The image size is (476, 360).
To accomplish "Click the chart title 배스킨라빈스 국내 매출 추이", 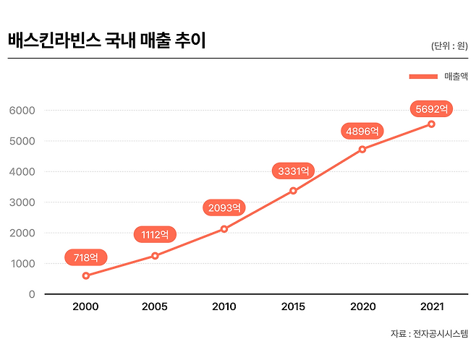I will point(107,40).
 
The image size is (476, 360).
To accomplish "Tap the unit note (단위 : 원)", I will point(449,46).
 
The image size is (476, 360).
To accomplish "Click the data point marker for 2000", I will point(86,275).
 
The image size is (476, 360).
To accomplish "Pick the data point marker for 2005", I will point(155,255).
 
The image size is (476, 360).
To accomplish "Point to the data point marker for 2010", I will point(224,229).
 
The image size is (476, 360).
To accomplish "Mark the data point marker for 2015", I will point(293,191).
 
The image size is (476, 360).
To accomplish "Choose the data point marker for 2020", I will point(362,149).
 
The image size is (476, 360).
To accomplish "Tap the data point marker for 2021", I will point(431,124).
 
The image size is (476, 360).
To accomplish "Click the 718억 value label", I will point(86,257).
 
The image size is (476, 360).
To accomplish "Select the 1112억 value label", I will point(155,234).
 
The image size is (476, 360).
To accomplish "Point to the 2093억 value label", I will point(224,207).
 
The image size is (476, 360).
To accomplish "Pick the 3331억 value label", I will point(293,171).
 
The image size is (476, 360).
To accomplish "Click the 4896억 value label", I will point(362,131).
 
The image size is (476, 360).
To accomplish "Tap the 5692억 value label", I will point(431,109).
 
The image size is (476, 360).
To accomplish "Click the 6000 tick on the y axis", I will point(22,111).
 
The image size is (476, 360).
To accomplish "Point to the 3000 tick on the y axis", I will point(22,202).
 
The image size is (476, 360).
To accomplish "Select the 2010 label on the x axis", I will point(224,307).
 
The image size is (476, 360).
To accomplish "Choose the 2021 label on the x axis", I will point(431,307).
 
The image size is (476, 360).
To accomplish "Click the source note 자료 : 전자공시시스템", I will point(429,334).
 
